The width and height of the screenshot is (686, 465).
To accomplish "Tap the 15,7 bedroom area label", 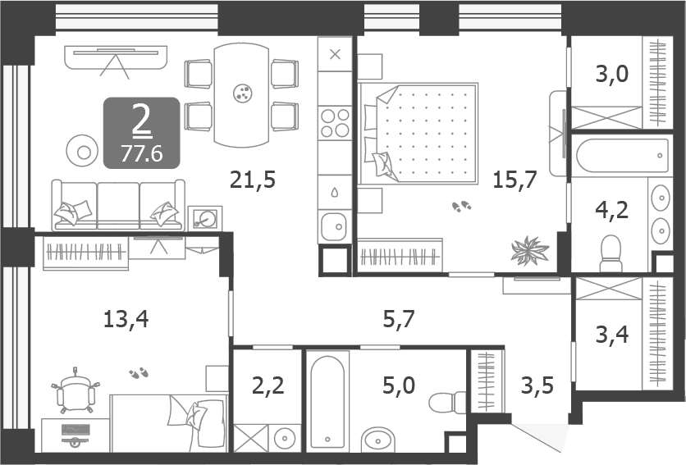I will (514, 179).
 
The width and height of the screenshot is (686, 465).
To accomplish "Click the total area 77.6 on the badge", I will (141, 153).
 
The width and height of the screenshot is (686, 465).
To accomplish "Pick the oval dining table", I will (241, 94).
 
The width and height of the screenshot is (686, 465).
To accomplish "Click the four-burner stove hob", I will (335, 123).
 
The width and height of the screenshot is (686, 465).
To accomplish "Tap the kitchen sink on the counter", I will (335, 225).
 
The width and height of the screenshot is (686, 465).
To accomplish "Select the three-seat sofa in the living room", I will (116, 206).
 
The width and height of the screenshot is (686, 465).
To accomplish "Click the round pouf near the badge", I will (83, 150).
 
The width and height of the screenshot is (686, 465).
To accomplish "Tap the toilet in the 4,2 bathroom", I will (612, 253).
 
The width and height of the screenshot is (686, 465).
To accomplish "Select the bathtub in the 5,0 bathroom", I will (328, 401).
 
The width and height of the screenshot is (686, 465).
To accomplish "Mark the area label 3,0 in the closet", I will (611, 75).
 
